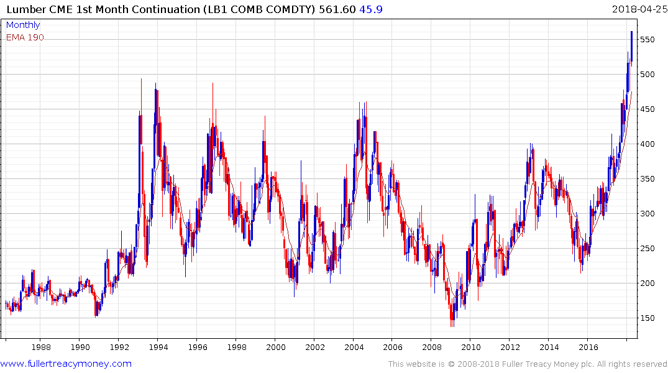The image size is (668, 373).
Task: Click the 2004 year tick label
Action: point(354,347)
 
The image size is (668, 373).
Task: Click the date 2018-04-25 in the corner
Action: point(638,9)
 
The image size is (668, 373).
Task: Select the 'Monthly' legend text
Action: point(23,25)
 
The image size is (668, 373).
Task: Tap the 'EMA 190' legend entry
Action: point(25,37)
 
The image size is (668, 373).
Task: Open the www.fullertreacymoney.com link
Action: point(66,364)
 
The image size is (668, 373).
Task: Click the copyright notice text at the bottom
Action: point(528,364)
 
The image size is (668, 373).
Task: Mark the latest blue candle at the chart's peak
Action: point(631,47)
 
